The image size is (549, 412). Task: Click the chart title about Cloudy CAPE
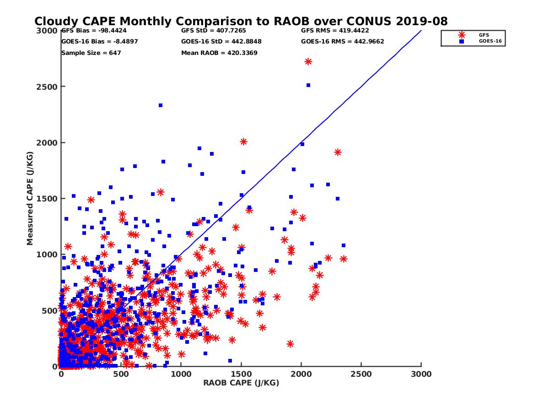point(241,22)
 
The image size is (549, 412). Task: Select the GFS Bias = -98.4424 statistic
point(93,31)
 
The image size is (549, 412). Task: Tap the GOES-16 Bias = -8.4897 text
point(99,41)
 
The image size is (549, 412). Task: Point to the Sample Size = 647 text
point(91,53)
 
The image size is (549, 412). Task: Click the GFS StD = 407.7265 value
point(213,31)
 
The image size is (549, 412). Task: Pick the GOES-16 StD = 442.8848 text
point(221,41)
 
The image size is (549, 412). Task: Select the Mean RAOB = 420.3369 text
point(219,53)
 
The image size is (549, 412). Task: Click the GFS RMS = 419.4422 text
point(335,31)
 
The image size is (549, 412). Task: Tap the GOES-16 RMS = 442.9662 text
point(343,41)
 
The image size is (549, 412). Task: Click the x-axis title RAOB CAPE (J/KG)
point(241,383)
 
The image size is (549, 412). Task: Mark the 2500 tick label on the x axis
point(361,374)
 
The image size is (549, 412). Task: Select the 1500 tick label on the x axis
point(241,374)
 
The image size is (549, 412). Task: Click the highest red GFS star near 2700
point(308,62)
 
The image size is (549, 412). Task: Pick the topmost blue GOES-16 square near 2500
point(308,85)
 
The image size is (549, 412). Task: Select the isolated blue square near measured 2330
point(161,105)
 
